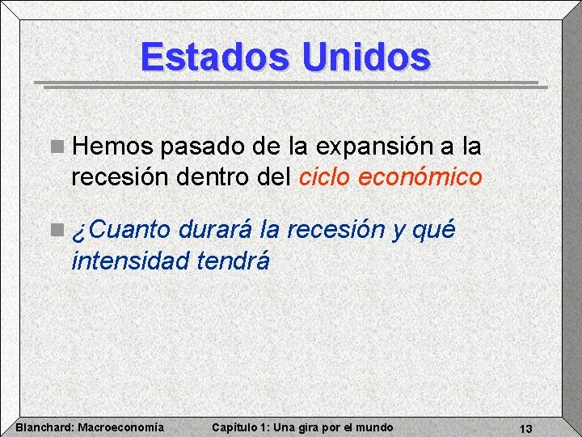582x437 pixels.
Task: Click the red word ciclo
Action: point(326,176)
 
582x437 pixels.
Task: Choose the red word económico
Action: point(420,176)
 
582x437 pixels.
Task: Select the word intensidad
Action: point(130,261)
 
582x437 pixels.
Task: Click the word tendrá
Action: point(233,261)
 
